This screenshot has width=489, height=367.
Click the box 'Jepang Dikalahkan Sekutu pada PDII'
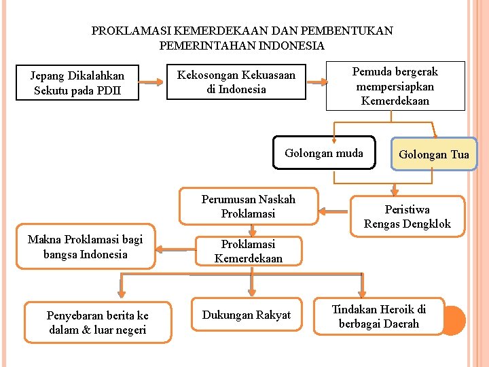[x=79, y=83]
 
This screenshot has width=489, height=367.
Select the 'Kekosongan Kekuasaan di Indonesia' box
[x=236, y=82]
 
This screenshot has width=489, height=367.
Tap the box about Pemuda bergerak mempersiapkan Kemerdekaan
[x=395, y=86]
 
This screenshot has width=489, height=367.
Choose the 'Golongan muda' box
[x=324, y=153]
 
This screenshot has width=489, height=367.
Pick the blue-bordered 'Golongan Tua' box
[x=434, y=154]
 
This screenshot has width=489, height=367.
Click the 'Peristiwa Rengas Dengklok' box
[x=407, y=217]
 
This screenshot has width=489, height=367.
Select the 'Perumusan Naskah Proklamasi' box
[x=248, y=207]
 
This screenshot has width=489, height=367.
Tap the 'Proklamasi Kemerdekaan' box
[x=248, y=251]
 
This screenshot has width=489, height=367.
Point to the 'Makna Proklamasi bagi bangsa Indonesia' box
[x=86, y=247]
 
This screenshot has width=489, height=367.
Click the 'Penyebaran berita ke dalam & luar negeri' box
[x=97, y=323]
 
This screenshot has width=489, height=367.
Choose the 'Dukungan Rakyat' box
[x=246, y=315]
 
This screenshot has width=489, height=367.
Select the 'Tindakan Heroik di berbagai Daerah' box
[x=379, y=317]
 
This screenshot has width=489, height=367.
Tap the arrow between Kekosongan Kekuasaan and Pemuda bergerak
[x=316, y=82]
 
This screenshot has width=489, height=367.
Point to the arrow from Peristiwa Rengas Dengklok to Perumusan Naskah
[x=333, y=211]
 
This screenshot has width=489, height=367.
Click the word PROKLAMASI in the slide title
[x=131, y=31]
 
